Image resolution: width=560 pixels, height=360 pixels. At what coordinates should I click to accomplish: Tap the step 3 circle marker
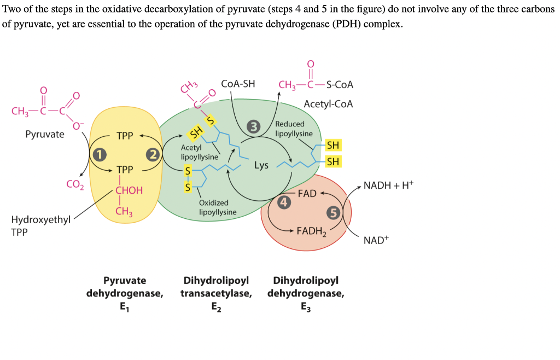coord(253,127)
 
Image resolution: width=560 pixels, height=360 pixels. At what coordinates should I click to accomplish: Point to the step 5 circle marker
coord(332,213)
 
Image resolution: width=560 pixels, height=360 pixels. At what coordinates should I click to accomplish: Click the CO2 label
coord(74,185)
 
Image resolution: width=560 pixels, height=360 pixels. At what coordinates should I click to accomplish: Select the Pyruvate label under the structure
coord(44,134)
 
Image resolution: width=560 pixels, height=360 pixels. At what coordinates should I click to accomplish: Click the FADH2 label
coord(311,231)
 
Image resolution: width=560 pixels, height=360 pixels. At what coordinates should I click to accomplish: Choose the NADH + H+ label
coord(388,185)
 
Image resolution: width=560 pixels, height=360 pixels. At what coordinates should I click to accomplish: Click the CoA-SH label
coord(238,84)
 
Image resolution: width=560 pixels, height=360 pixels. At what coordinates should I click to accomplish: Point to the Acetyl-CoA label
coord(328,104)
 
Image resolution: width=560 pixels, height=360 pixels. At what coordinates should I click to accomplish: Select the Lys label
coord(261,165)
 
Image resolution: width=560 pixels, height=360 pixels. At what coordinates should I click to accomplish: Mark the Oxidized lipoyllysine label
coord(218,207)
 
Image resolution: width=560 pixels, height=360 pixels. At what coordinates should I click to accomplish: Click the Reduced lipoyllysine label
coord(294,129)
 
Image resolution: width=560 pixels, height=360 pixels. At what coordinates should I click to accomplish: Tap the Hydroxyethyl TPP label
coord(41,225)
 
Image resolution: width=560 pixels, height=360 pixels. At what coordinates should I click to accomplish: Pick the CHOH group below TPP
coord(129,190)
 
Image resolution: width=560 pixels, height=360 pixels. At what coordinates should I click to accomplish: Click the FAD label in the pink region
coord(307,194)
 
